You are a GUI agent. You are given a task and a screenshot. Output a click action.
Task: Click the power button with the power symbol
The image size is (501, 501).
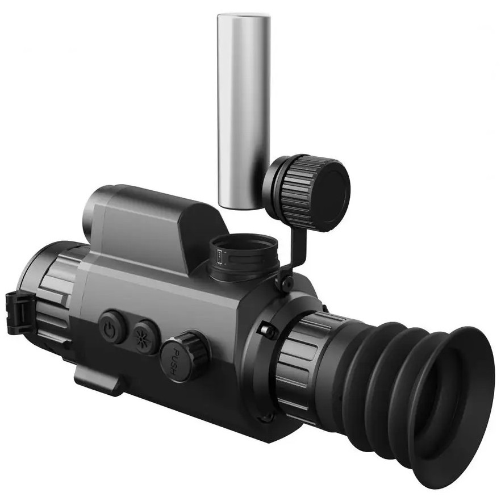[112, 327]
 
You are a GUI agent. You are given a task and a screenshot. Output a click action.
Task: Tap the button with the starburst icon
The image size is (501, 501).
[145, 337]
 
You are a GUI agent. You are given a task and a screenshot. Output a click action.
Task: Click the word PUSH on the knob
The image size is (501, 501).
[175, 362]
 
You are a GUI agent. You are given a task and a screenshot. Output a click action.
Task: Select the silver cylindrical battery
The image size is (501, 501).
[244, 111]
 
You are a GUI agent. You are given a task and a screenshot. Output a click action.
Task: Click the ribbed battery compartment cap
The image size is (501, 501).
[307, 193]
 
